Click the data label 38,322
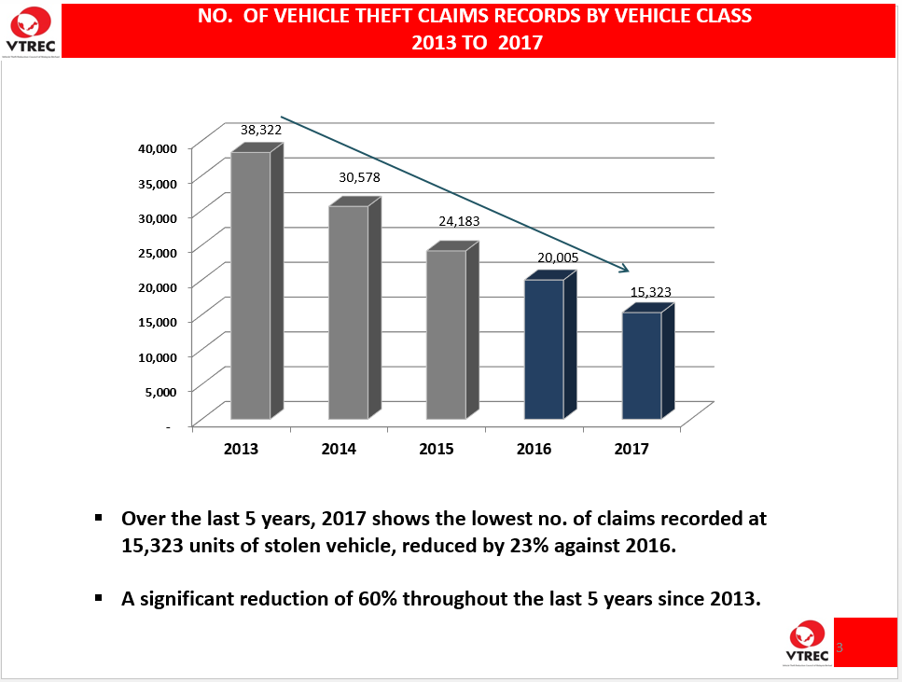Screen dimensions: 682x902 [x=261, y=131]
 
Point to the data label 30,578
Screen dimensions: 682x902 [x=359, y=177]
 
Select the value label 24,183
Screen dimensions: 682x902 [x=457, y=222]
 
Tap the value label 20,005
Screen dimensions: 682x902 [x=558, y=257]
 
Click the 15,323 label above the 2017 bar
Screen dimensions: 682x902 [x=650, y=292]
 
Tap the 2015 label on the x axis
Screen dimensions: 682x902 [x=437, y=449]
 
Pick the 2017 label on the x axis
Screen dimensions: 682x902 [x=631, y=449]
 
